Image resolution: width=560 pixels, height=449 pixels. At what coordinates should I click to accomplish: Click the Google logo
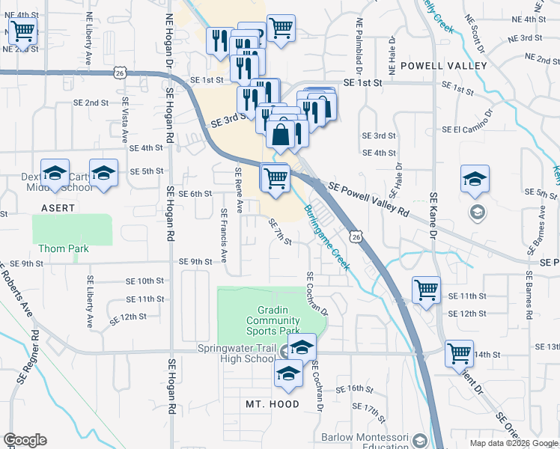pyautogui.click(x=25, y=440)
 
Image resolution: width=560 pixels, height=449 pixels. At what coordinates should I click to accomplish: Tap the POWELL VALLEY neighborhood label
pyautogui.click(x=443, y=66)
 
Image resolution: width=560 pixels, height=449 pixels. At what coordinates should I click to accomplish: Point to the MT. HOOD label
pyautogui.click(x=273, y=404)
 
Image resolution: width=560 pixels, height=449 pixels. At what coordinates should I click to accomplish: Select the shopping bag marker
pyautogui.click(x=280, y=135)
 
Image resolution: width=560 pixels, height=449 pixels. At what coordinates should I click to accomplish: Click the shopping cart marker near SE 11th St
pyautogui.click(x=426, y=289)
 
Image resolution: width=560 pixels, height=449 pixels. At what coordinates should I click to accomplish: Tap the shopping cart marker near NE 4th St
pyautogui.click(x=23, y=31)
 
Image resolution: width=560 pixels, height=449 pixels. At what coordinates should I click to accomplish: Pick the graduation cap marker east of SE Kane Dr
pyautogui.click(x=475, y=180)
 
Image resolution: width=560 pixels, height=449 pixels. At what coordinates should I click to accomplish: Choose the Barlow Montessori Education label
pyautogui.click(x=367, y=442)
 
